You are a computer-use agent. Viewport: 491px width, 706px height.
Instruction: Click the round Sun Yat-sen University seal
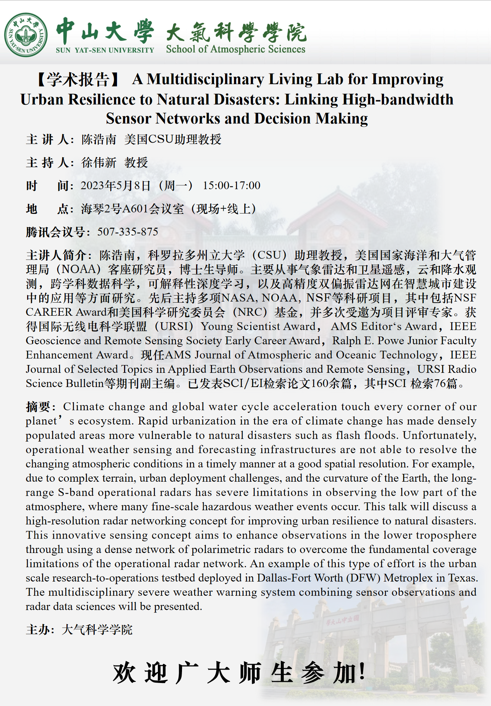point(26,35)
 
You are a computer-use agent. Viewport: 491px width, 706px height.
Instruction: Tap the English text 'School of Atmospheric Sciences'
point(235,49)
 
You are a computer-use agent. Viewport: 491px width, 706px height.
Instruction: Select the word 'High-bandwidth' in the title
point(398,100)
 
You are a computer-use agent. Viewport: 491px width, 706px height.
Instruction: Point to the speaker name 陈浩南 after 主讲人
point(99,140)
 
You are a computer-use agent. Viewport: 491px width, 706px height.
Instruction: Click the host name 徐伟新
point(99,163)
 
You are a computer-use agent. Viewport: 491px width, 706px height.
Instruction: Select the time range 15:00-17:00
point(231,186)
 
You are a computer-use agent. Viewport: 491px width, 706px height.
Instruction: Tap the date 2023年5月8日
point(116,186)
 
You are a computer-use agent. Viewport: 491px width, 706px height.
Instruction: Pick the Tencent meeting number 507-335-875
point(128,232)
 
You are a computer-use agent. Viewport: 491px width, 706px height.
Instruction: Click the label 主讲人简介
point(56,256)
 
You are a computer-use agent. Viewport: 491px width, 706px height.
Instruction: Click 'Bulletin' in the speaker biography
point(85,384)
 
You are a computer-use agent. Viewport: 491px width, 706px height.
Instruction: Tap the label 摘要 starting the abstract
point(38,407)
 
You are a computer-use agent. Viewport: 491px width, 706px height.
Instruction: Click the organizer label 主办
point(38,630)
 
